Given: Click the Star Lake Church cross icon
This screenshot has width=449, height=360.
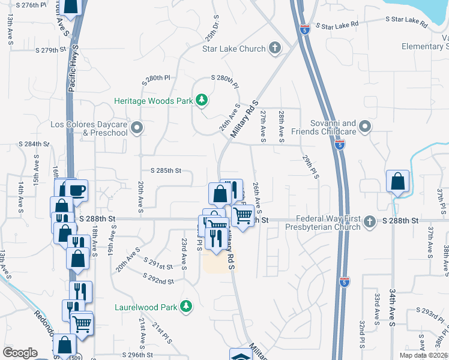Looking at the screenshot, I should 275,48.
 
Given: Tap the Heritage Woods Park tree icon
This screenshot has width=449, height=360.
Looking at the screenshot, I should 202,100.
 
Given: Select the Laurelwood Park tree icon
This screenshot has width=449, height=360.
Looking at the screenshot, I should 186,307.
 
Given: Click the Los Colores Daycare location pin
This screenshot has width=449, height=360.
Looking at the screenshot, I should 137,127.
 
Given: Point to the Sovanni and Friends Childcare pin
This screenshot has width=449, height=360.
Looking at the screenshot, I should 366,127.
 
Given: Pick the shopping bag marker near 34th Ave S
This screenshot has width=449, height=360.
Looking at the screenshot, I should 397,181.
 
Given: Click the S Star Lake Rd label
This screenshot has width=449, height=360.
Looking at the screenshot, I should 337,26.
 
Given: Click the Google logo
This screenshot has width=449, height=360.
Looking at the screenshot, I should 20,353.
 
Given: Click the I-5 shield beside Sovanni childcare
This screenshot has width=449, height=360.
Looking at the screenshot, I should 340,145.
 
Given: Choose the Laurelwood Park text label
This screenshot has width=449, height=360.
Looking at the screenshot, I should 146,307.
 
